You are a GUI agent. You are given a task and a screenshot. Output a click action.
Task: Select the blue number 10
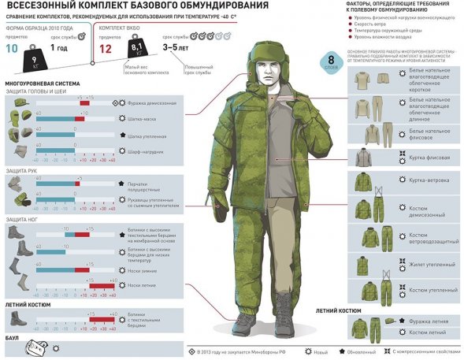point(13,47)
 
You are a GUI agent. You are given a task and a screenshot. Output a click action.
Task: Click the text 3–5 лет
point(176,47)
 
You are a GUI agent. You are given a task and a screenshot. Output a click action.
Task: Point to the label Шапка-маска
point(143,117)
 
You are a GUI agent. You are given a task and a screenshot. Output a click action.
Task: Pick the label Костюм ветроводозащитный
point(432,238)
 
